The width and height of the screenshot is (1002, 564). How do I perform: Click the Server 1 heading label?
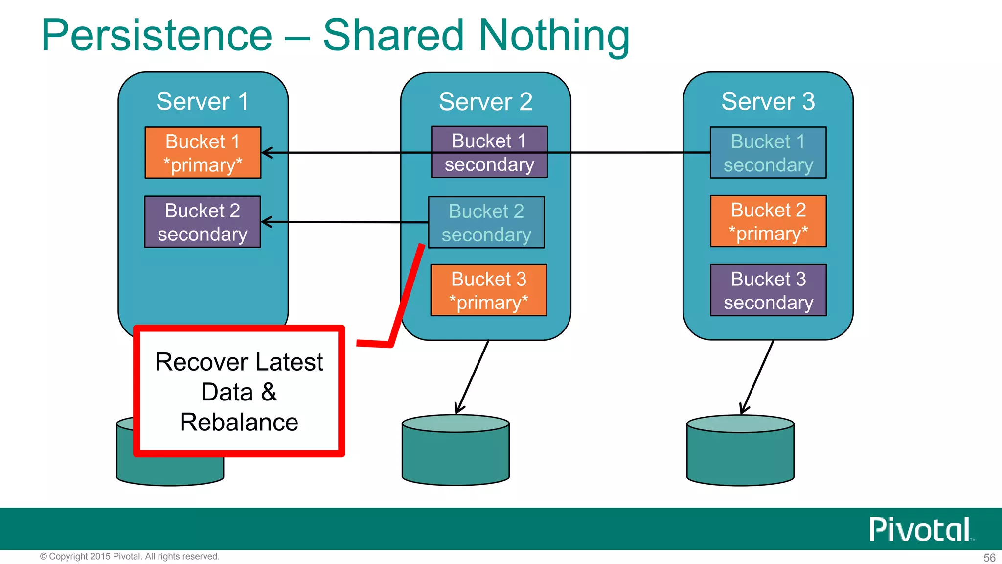tap(203, 101)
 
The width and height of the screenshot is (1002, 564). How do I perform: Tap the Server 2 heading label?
tap(485, 102)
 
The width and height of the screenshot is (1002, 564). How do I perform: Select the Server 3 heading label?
tap(768, 101)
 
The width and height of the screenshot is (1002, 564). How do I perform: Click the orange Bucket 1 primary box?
tap(203, 153)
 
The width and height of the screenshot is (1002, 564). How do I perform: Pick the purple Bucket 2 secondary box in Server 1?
tap(203, 222)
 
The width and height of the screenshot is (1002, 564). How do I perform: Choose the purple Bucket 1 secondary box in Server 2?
tap(489, 152)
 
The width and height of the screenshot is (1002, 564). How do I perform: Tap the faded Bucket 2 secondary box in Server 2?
tap(486, 223)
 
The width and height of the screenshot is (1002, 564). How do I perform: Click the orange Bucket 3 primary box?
tap(488, 290)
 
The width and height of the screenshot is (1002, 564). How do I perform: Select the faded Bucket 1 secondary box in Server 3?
tap(768, 153)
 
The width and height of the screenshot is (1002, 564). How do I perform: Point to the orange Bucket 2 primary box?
tap(768, 221)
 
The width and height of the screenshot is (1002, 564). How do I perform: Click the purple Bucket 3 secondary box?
tap(768, 290)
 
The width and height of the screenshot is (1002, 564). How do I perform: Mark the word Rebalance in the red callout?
tap(239, 422)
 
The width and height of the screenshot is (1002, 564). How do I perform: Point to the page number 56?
tap(989, 558)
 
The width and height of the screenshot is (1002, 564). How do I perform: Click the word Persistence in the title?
tap(157, 35)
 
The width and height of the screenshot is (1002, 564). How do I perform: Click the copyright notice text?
tap(130, 557)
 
